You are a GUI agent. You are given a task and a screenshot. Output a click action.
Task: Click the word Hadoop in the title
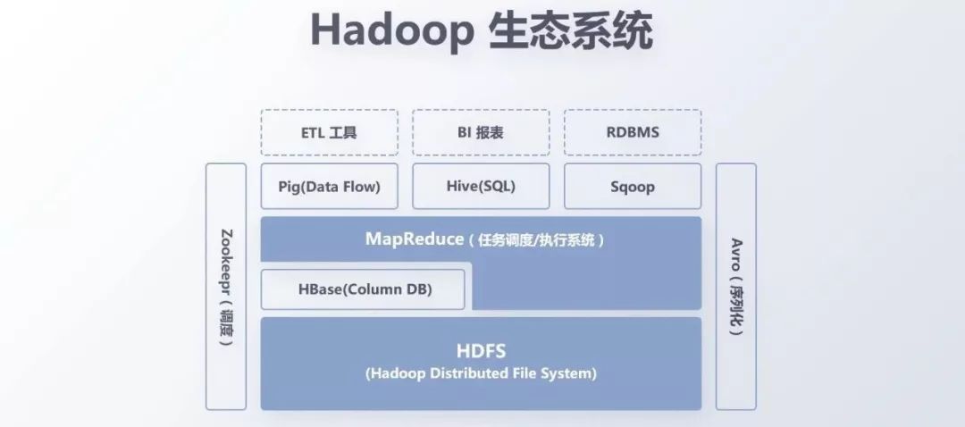pyautogui.click(x=391, y=32)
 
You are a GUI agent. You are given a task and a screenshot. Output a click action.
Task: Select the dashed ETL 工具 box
pyautogui.click(x=328, y=132)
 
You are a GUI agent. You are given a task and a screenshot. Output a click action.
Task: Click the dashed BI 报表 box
pyautogui.click(x=481, y=132)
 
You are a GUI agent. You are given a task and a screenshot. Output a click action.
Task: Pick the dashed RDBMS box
pyautogui.click(x=633, y=132)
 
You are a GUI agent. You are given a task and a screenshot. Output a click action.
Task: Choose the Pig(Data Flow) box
pyautogui.click(x=328, y=187)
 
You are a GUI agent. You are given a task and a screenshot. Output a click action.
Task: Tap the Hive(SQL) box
pyautogui.click(x=481, y=187)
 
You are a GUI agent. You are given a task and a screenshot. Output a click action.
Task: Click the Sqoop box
pyautogui.click(x=633, y=187)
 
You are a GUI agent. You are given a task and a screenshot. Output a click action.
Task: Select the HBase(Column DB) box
pyautogui.click(x=363, y=289)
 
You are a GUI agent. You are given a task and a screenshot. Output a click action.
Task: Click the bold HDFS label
pyautogui.click(x=481, y=351)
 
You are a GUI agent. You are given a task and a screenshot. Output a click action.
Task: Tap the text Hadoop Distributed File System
pyautogui.click(x=481, y=373)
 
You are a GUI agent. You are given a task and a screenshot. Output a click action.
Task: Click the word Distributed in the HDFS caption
pyautogui.click(x=467, y=373)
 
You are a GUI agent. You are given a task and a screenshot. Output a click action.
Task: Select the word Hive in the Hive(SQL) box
pyautogui.click(x=462, y=187)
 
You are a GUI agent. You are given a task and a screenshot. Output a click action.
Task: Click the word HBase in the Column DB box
pyautogui.click(x=321, y=289)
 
